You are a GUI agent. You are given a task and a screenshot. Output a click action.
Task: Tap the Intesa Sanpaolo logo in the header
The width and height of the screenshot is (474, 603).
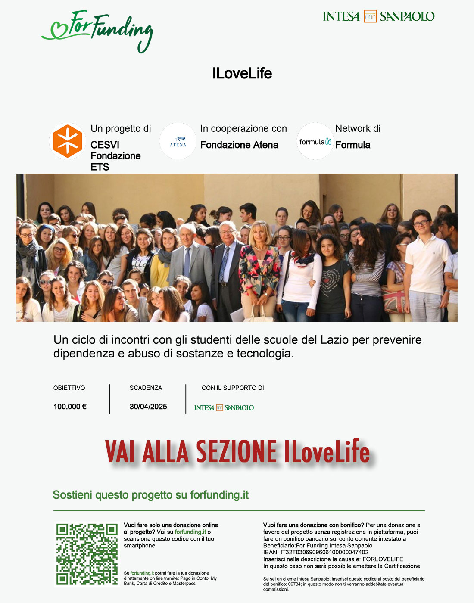tap(378, 16)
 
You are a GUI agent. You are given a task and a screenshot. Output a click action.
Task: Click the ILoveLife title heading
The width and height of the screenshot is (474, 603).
tap(242, 73)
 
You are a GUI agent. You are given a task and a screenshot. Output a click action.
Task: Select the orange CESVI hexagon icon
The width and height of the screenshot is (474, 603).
tap(68, 141)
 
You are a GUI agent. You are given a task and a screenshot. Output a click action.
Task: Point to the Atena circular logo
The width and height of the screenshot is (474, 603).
tap(178, 141)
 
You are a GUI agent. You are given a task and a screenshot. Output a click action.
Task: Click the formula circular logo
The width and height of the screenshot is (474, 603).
tap(315, 141)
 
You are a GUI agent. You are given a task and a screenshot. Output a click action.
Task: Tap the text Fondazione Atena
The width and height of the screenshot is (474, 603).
tap(239, 145)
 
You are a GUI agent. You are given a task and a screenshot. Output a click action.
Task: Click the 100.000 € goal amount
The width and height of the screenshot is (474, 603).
tap(70, 407)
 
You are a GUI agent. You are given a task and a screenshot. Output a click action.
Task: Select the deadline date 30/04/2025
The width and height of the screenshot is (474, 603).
tap(148, 407)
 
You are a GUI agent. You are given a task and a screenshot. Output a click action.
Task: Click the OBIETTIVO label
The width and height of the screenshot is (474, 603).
tap(69, 388)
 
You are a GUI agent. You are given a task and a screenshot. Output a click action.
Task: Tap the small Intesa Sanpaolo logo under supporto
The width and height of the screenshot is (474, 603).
tap(224, 407)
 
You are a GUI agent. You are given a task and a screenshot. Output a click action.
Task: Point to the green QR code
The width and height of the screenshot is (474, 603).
tap(87, 554)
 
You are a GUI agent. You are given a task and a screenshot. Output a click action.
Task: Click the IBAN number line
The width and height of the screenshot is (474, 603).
tap(316, 552)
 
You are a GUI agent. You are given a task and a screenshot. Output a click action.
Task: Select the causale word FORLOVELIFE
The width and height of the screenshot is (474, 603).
tap(383, 559)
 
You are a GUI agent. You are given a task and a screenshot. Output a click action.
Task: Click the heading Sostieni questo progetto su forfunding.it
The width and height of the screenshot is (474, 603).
tap(150, 495)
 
